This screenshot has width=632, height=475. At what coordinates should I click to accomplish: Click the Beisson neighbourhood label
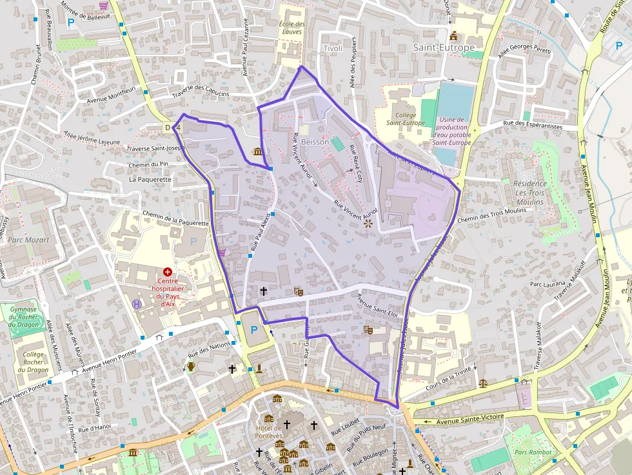coord(315,142)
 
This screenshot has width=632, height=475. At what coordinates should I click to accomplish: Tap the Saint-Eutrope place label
coord(444,48)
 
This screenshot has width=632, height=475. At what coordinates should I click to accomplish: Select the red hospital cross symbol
coord(168,273)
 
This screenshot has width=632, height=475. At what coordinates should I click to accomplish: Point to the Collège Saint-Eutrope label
coord(406,119)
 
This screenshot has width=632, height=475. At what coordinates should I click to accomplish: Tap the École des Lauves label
coord(291,28)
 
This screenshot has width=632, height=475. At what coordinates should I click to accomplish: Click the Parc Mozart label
coord(28,240)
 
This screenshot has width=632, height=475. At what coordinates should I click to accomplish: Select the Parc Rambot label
coord(533,452)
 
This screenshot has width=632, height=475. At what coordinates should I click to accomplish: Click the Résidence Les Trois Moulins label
coord(531,193)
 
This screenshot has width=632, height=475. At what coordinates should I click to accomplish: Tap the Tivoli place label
coord(333,48)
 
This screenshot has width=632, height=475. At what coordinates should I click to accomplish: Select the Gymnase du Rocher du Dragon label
coord(23,316)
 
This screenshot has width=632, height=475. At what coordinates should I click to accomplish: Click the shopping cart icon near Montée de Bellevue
coord(103,5)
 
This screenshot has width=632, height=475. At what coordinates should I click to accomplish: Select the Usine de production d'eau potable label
coord(451,131)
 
